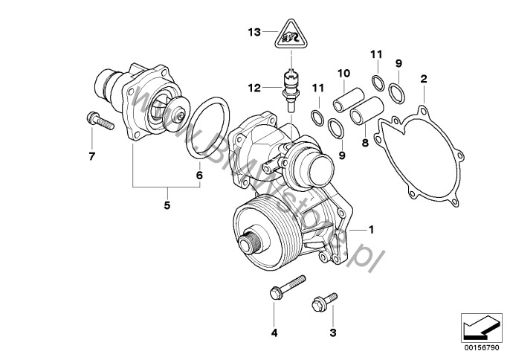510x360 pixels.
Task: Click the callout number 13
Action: [x=254, y=33]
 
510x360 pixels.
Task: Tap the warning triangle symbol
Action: [x=292, y=36]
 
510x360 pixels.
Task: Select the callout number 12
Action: [x=254, y=88]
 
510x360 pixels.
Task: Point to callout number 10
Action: [x=343, y=73]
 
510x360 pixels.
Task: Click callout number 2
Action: [x=423, y=78]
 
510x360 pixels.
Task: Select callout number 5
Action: [x=167, y=205]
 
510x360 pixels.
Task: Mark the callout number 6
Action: [x=198, y=176]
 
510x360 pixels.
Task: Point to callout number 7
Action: [x=92, y=156]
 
